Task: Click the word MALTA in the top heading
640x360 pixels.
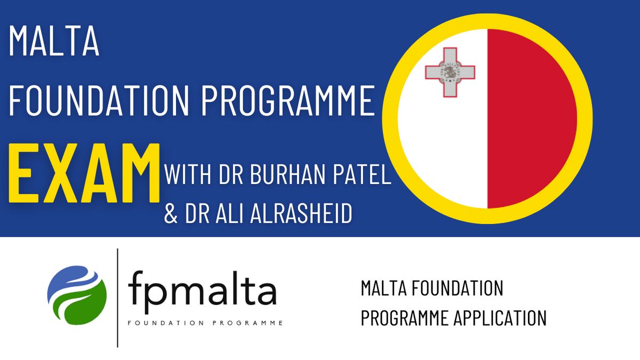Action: (54, 41)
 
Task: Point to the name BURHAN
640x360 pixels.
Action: (287, 174)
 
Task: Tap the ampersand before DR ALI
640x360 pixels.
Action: (171, 213)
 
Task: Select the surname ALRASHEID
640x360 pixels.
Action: (301, 213)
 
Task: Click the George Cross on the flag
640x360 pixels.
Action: (450, 73)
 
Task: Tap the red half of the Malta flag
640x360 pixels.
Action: (531, 118)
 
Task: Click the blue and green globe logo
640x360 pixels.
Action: (77, 295)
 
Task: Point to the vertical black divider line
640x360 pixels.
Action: (117, 298)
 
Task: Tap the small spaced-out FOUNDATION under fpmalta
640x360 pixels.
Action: (166, 323)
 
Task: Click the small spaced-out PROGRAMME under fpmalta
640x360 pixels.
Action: (247, 323)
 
